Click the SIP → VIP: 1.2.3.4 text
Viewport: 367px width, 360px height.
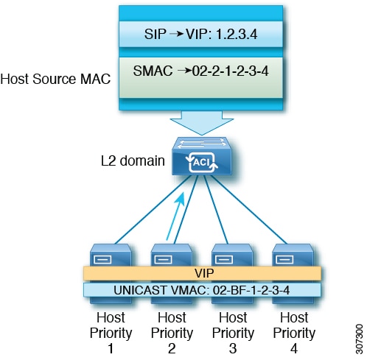tap(200, 34)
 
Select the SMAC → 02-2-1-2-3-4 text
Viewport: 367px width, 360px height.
tap(200, 71)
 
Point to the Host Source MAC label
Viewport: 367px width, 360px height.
tap(55, 79)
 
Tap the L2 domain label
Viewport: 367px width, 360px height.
tap(133, 161)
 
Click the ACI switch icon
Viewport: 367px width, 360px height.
tap(202, 156)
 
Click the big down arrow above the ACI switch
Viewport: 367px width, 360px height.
tap(202, 123)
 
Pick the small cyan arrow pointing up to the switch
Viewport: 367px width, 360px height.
tap(175, 216)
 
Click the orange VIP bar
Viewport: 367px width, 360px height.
tap(202, 273)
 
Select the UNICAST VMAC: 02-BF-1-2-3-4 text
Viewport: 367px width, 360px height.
tap(202, 290)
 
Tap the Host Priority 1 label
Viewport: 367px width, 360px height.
tap(111, 333)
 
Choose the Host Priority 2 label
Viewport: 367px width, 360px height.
tap(172, 333)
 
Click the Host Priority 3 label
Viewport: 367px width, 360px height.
tap(233, 333)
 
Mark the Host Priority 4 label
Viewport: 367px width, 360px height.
tap(294, 333)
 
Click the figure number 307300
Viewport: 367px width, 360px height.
tap(360, 339)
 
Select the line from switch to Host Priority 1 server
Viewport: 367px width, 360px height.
tap(153, 210)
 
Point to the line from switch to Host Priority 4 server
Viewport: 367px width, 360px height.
tap(249, 210)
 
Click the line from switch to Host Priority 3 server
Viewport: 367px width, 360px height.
tap(216, 210)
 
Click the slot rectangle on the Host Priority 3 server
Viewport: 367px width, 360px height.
tap(224, 259)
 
